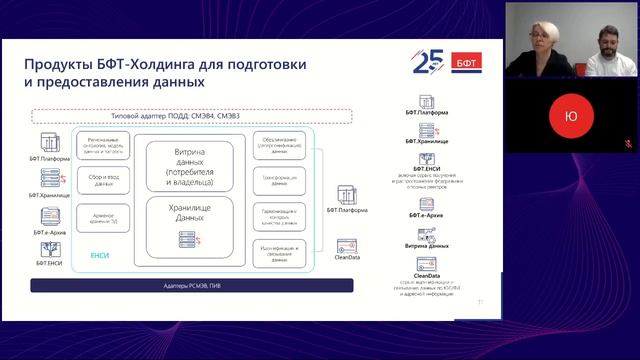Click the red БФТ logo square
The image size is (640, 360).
[466, 60]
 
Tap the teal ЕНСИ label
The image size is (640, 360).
[99, 256]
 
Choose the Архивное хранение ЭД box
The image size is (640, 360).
[103, 220]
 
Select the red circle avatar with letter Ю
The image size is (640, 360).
[571, 117]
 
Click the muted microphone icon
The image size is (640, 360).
[629, 144]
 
